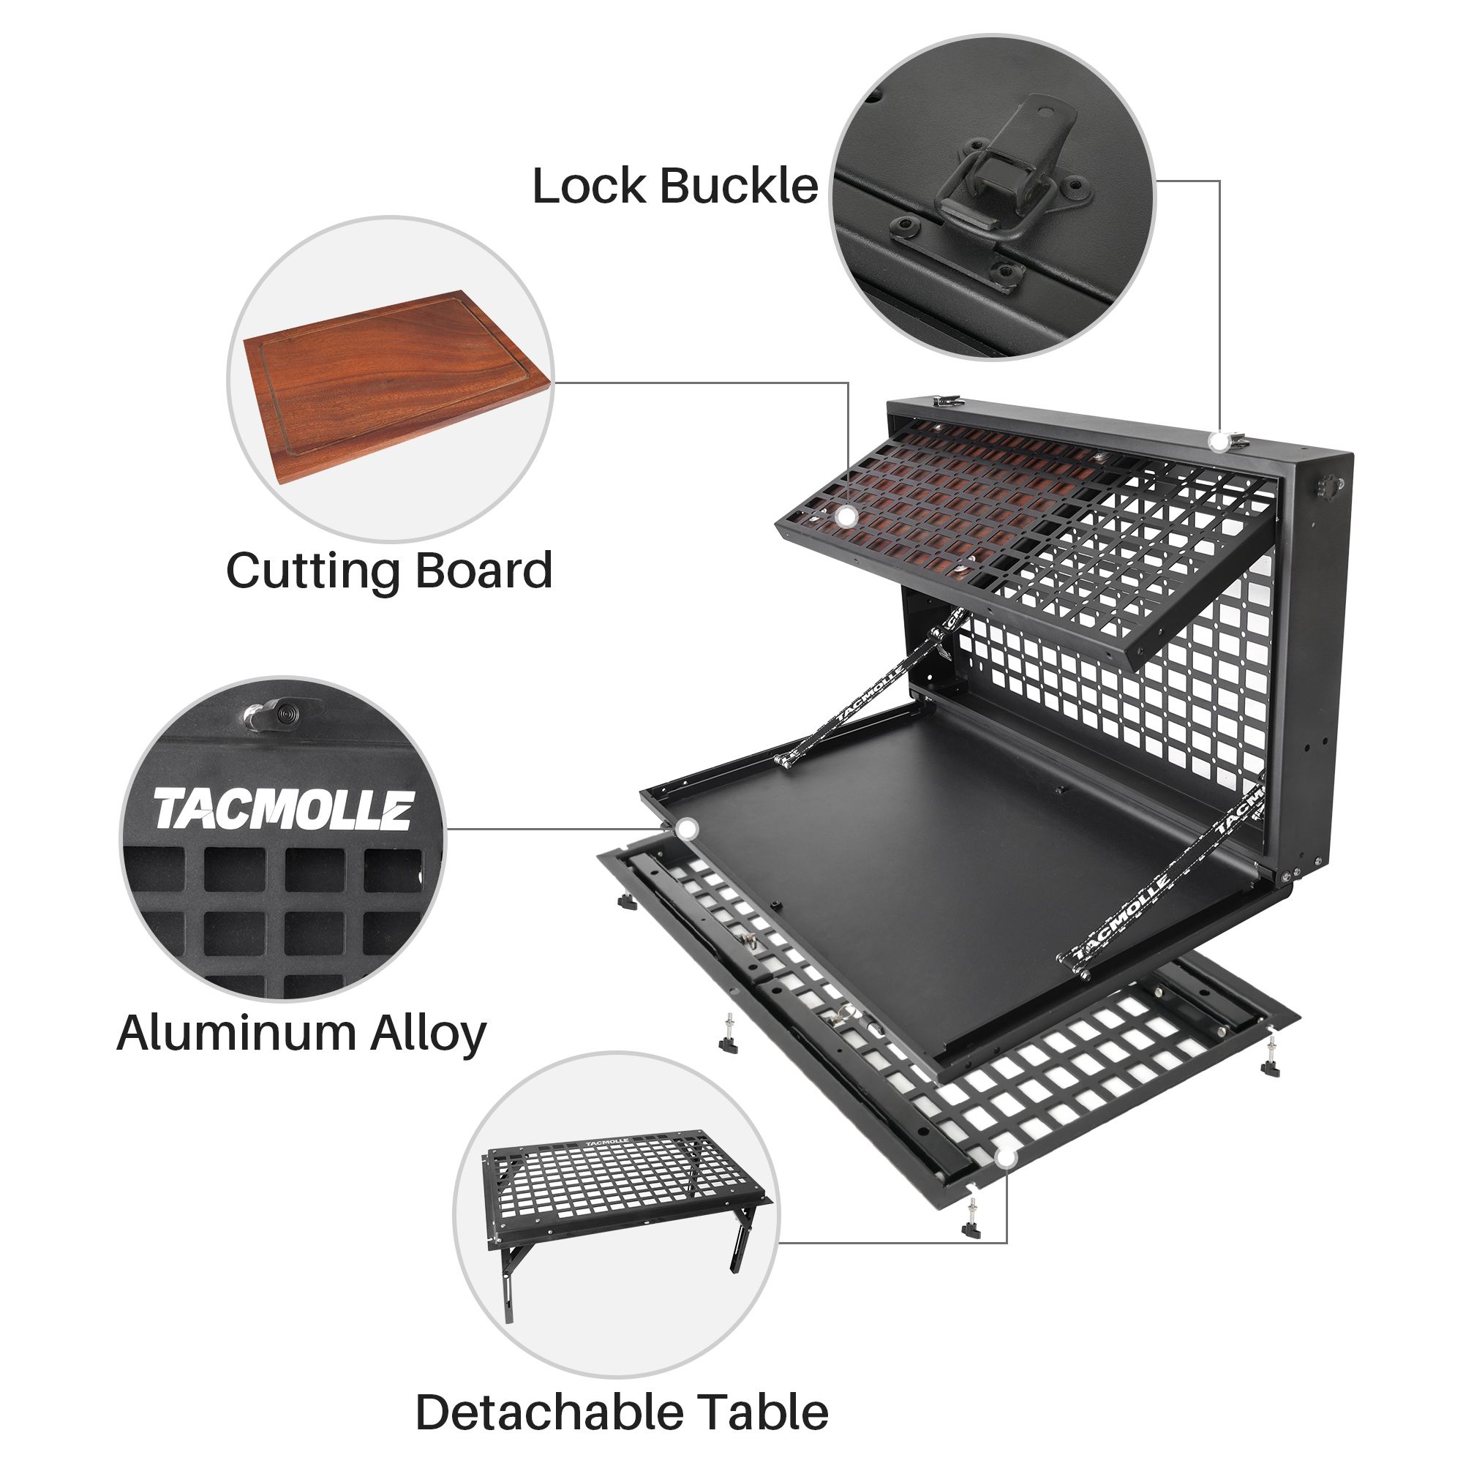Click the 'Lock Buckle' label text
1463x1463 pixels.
pyautogui.click(x=674, y=186)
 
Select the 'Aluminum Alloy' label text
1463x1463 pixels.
pyautogui.click(x=301, y=1033)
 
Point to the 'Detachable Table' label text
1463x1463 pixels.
pyautogui.click(x=622, y=1392)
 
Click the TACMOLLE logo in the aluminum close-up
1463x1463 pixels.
pyautogui.click(x=285, y=808)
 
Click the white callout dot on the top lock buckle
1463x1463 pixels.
pyautogui.click(x=1219, y=443)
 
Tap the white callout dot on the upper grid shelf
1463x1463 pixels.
pyautogui.click(x=846, y=516)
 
